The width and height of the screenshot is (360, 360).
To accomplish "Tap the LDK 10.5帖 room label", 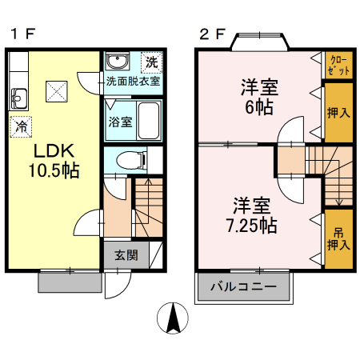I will tap(54, 160).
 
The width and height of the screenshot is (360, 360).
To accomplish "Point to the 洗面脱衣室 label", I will tap(133, 81).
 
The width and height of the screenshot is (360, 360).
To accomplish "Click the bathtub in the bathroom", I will tap(150, 121).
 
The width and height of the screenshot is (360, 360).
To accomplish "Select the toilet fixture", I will tap(129, 160).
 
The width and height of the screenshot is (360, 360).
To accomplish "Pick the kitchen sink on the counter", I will tap(19, 99).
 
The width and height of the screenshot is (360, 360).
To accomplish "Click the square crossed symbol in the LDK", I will tap(57, 91).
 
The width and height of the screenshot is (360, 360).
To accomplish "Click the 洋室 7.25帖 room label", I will tap(253, 214).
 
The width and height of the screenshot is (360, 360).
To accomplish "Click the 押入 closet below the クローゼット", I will tap(338, 111).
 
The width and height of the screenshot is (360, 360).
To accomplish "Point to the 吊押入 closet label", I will tap(338, 238).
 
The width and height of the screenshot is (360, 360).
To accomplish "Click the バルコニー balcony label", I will tap(243, 286).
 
